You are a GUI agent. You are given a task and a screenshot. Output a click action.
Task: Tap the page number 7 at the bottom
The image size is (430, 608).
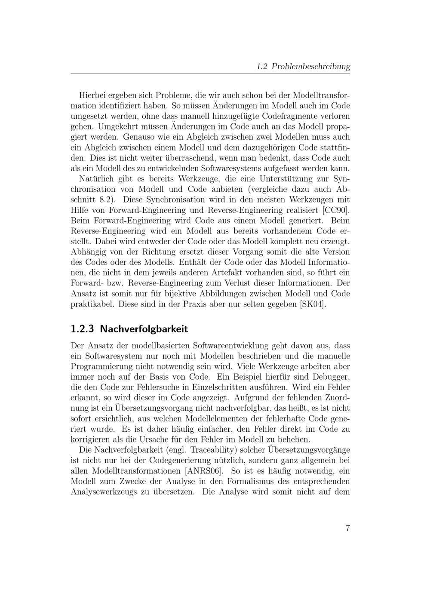(347, 528)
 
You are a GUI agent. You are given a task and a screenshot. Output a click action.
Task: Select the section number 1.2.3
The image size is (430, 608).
(82, 329)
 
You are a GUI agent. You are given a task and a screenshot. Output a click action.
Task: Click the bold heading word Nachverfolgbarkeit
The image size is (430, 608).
(144, 329)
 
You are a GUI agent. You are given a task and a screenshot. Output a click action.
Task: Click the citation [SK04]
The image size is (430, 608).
(313, 304)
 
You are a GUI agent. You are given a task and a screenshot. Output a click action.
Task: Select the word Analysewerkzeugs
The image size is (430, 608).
(104, 491)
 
